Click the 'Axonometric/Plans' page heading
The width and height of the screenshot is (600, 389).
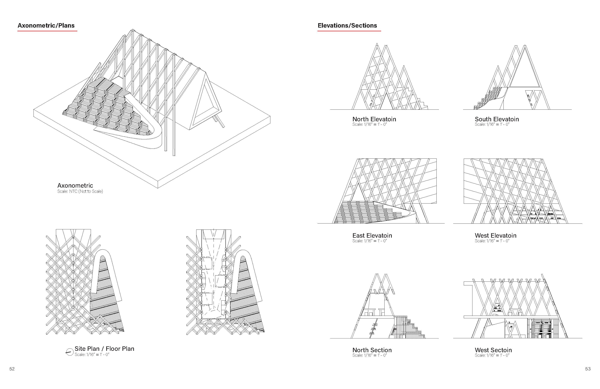coord(46,25)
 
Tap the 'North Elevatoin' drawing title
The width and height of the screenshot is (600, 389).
coord(374,119)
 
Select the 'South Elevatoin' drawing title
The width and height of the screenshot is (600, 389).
coord(497,119)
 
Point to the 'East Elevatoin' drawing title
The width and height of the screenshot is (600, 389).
coord(372,235)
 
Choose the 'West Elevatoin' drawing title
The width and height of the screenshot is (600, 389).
coord(495,235)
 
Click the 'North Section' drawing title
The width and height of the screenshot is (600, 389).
coord(372,350)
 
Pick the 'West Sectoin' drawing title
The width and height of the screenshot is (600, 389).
coord(493,350)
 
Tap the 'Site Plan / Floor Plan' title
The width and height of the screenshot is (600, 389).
coord(104,349)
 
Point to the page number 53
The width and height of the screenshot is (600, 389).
coord(588,369)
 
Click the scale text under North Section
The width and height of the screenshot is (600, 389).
coord(369,355)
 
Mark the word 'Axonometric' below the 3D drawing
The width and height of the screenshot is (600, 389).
coord(75,185)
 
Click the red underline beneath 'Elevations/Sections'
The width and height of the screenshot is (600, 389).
coord(349,31)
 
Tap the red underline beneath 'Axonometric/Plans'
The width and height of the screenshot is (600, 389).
coord(47,31)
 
